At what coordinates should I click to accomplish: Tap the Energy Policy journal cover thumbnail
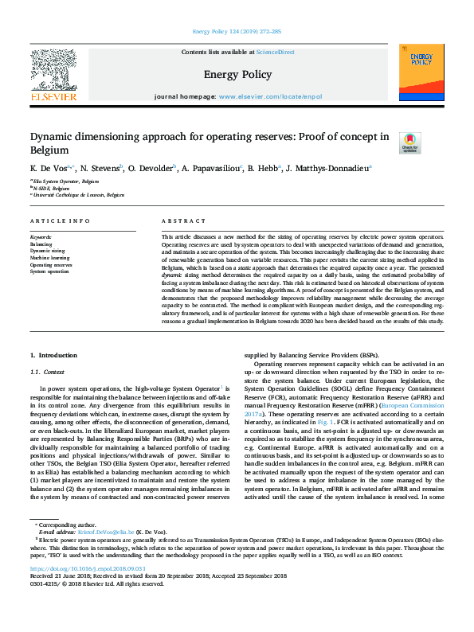[422, 75]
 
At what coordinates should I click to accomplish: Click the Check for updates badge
[409, 142]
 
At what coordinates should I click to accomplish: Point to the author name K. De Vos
[49, 169]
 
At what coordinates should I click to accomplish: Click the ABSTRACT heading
[178, 221]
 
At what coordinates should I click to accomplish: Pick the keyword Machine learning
[49, 258]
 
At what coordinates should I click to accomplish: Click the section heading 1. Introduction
[55, 354]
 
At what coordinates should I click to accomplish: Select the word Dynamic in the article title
[55, 137]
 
